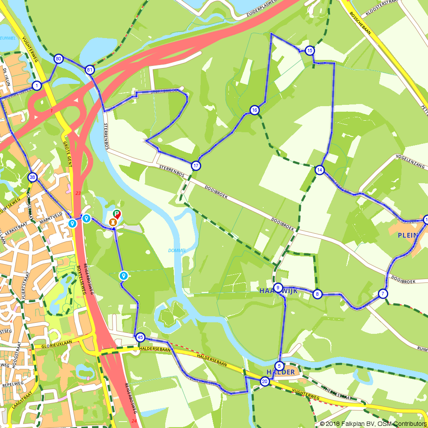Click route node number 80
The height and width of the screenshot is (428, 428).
[x=59, y=59]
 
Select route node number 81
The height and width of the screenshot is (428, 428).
[x=89, y=70]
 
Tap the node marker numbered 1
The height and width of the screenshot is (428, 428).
[x=37, y=86]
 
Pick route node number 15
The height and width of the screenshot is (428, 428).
[x=310, y=51]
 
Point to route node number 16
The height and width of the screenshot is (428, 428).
[x=255, y=110]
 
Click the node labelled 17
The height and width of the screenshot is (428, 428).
[x=196, y=166]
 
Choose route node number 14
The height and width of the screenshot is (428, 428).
[x=320, y=170]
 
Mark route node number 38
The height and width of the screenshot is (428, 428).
[x=33, y=177]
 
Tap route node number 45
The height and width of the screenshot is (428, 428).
[x=140, y=338]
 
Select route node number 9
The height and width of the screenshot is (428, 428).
[x=278, y=288]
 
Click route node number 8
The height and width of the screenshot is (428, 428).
[x=317, y=294]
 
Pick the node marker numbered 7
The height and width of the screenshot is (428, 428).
[x=383, y=294]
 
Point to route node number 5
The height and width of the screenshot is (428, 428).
[x=279, y=366]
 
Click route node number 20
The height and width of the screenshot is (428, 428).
[x=265, y=382]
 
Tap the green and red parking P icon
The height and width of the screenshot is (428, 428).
[x=117, y=214]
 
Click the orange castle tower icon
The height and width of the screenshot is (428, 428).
[x=113, y=222]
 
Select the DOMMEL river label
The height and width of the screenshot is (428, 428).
[x=176, y=250]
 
